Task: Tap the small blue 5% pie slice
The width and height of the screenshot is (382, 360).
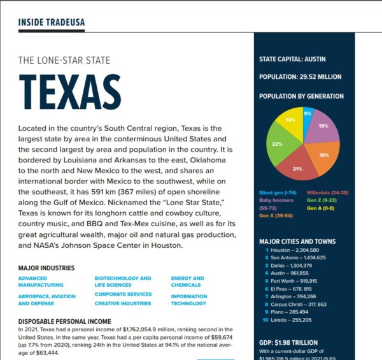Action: [x=307, y=115]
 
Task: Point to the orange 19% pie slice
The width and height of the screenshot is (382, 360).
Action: [x=323, y=155]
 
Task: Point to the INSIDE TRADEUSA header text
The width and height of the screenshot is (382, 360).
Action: [x=51, y=23]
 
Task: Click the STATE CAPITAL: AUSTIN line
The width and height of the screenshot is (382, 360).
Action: [x=292, y=59]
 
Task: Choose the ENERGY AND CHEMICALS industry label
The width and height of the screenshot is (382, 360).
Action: [x=187, y=282]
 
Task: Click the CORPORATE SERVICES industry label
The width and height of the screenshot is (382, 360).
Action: [x=123, y=294]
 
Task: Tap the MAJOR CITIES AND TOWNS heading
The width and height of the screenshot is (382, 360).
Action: [x=298, y=241]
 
